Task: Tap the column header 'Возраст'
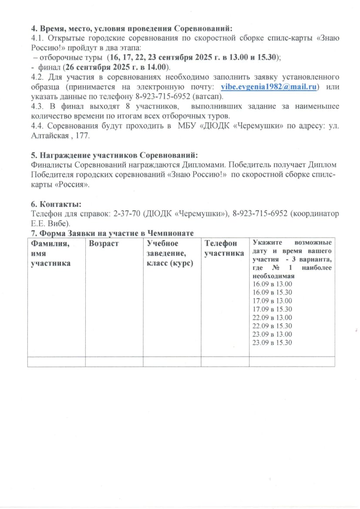click(104, 243)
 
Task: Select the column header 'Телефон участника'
click(224, 248)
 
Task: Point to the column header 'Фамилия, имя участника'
click(50, 252)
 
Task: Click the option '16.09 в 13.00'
click(272, 284)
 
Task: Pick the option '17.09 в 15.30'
click(272, 309)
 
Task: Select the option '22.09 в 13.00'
click(272, 317)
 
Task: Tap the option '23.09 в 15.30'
click(272, 343)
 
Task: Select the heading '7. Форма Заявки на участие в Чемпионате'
click(112, 233)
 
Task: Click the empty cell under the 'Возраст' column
click(114, 361)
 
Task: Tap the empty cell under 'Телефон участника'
click(225, 361)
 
